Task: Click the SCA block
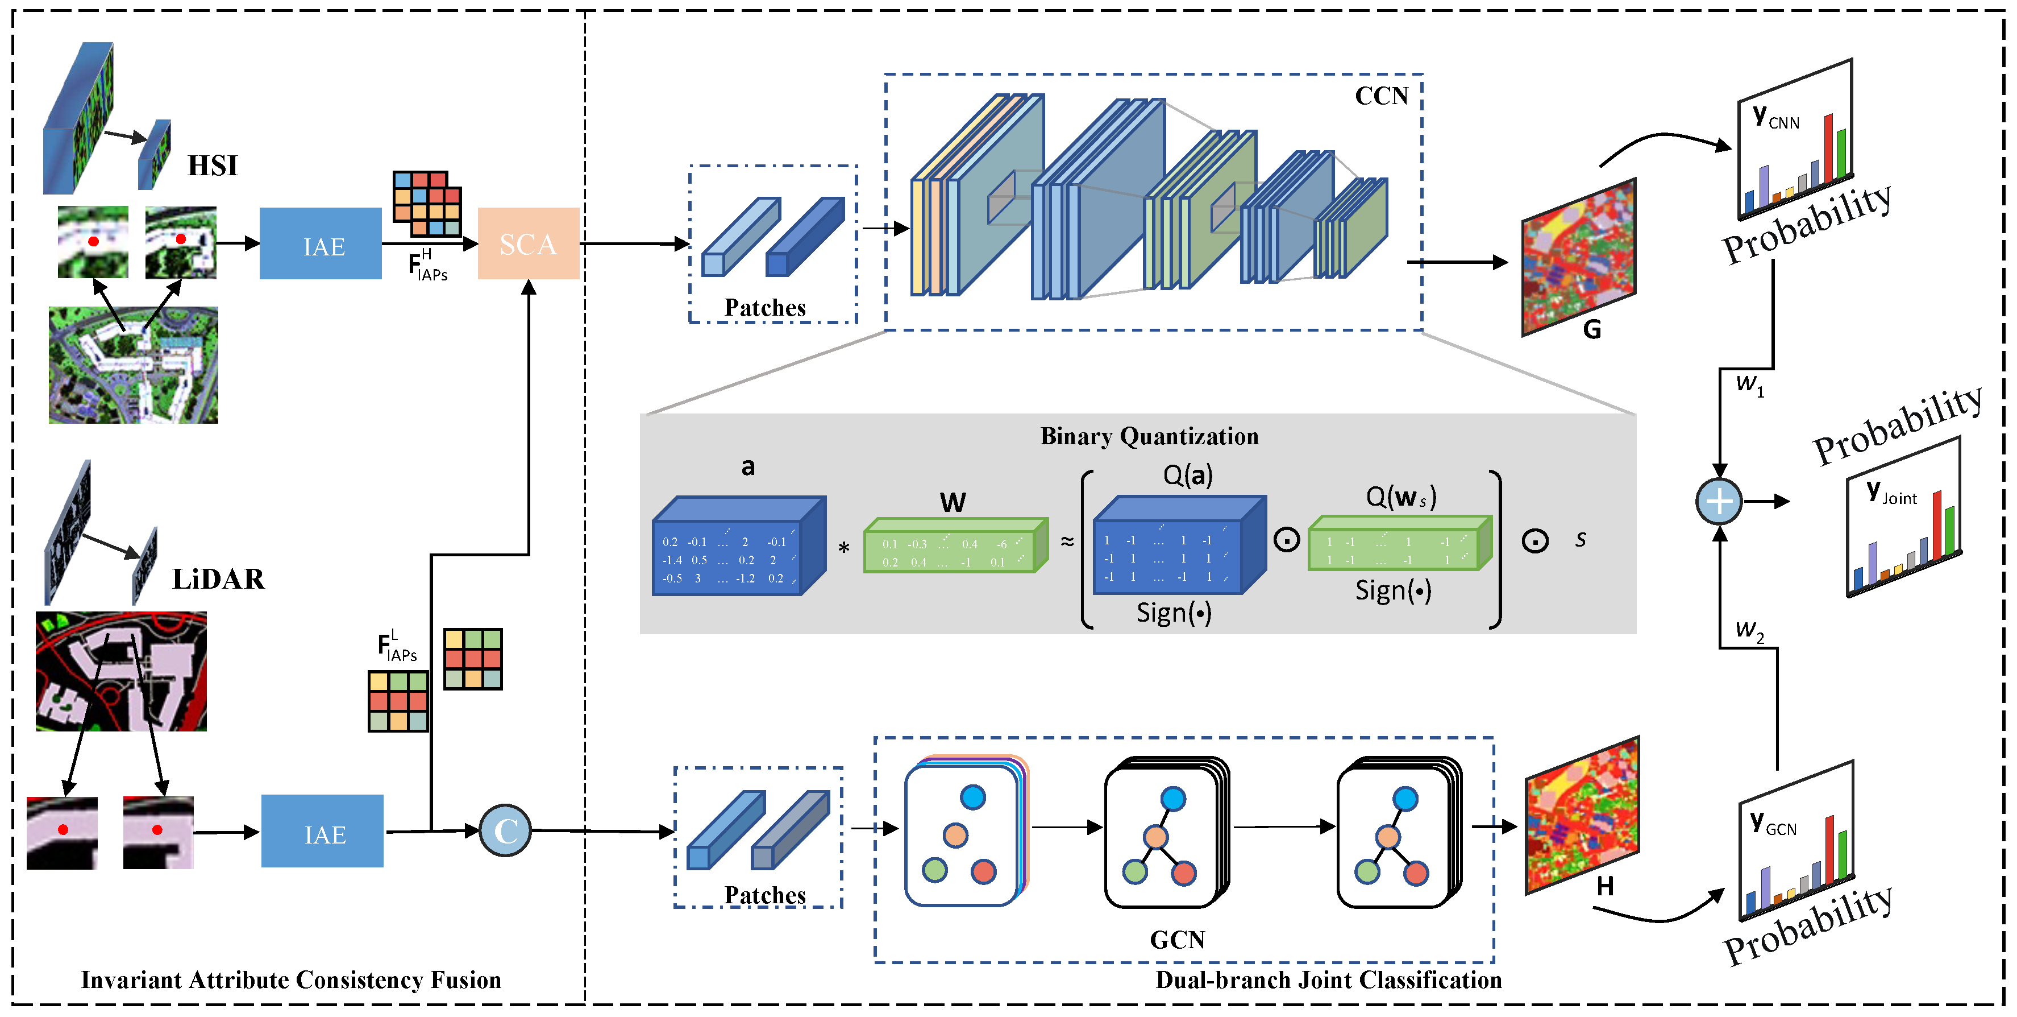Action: (x=528, y=243)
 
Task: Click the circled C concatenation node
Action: (x=505, y=830)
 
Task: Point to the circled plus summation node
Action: (x=1718, y=502)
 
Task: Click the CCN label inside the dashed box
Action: (x=1381, y=96)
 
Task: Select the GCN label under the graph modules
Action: (x=1177, y=940)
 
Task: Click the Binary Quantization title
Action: (x=1149, y=436)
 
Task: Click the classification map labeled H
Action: (x=1582, y=815)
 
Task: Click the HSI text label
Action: (x=212, y=166)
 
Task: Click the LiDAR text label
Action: (x=218, y=579)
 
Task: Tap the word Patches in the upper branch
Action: (x=764, y=308)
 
